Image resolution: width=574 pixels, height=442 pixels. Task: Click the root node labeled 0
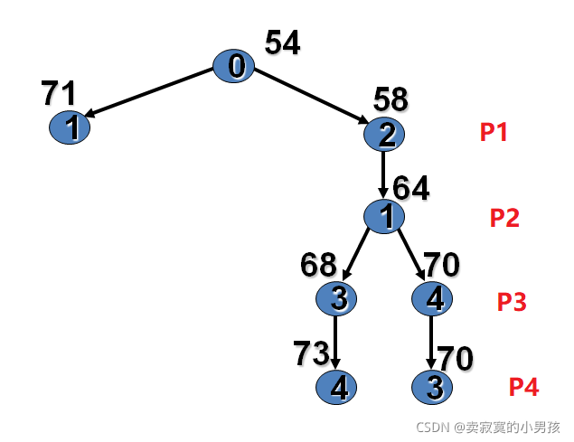click(234, 66)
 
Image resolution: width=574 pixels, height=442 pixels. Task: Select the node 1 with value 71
click(69, 127)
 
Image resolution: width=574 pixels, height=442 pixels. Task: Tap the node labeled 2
click(384, 135)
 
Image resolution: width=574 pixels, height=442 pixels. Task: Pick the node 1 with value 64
click(384, 217)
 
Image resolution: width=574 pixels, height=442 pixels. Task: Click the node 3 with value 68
click(336, 297)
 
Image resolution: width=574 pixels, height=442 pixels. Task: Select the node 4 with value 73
click(336, 388)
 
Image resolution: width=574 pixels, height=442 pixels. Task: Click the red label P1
click(494, 133)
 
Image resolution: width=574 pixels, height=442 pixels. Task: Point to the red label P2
click(504, 218)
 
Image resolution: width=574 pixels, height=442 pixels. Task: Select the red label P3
click(512, 302)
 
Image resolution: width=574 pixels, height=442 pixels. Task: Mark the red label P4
click(523, 388)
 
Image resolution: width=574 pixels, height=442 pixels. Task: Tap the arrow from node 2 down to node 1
click(384, 174)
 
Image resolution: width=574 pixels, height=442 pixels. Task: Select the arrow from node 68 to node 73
click(336, 342)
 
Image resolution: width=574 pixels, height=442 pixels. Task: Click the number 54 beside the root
click(282, 42)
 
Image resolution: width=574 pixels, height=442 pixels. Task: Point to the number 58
click(390, 99)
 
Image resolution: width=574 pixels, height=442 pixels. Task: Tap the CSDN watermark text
click(488, 427)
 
